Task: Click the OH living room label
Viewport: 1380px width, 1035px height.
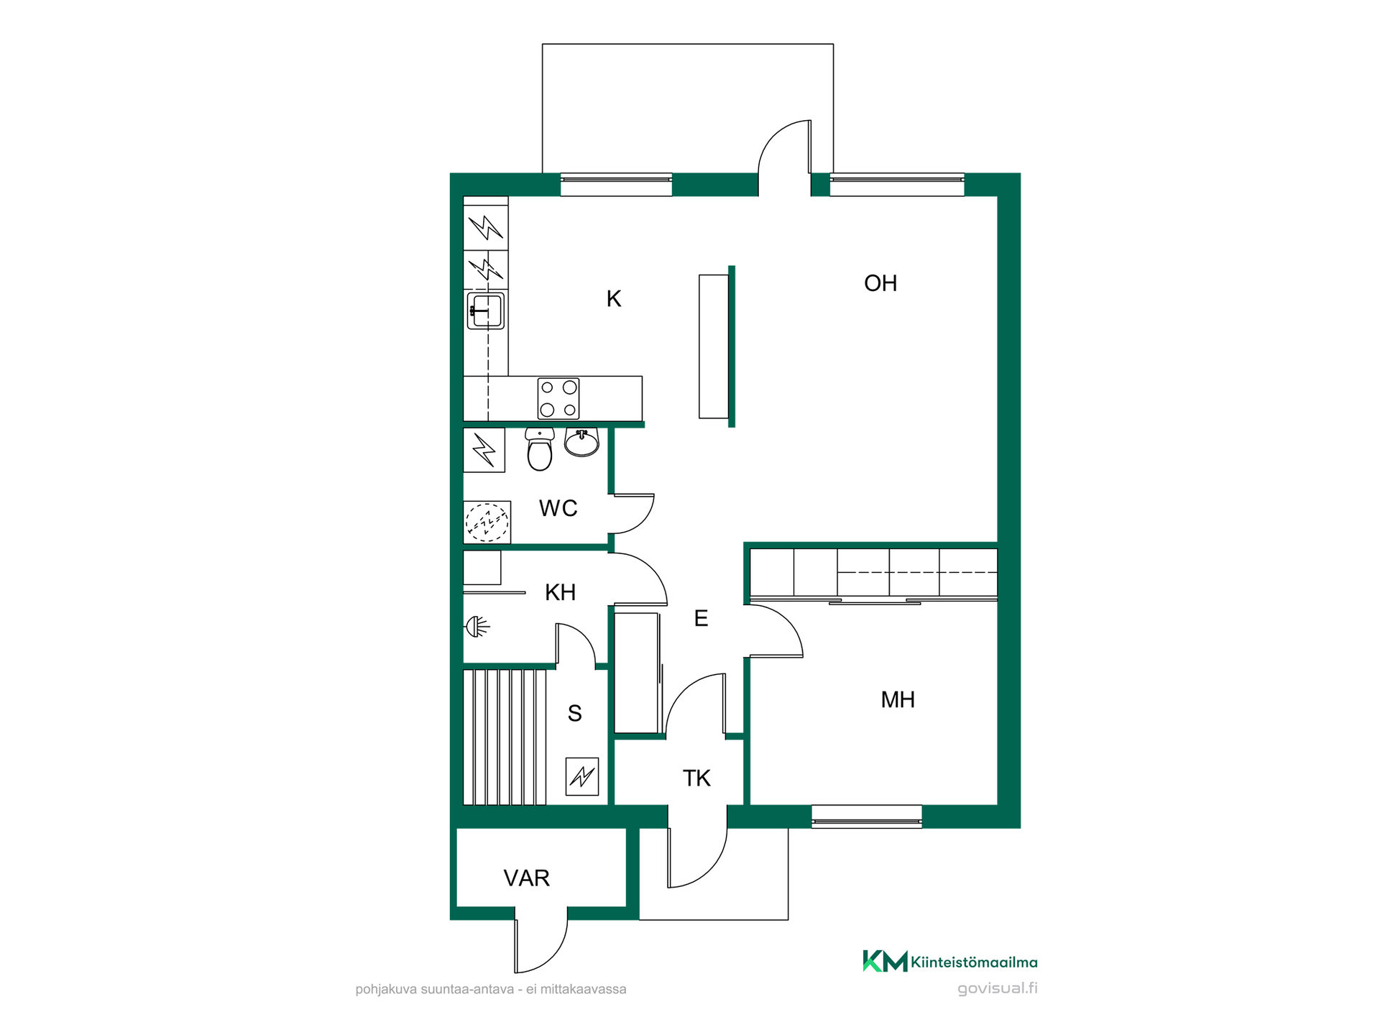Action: (880, 283)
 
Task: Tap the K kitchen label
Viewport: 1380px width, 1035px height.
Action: (613, 299)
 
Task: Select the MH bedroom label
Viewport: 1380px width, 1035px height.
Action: (898, 699)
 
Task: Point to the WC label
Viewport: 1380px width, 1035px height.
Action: (558, 508)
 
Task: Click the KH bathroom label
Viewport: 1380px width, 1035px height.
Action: (561, 592)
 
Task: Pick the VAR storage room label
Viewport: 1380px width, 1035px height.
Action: (527, 878)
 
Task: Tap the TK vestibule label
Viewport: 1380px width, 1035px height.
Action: (696, 778)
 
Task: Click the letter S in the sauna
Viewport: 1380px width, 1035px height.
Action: (575, 713)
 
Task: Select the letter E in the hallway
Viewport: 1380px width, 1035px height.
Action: (701, 618)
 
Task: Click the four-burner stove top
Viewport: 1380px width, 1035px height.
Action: (558, 398)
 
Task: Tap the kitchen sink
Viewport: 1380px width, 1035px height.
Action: (486, 311)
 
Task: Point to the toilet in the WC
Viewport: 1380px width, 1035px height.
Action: (540, 449)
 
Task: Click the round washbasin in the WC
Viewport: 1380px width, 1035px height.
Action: (581, 442)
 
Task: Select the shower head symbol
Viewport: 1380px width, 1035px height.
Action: (478, 627)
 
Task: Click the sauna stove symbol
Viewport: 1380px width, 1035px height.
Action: (582, 776)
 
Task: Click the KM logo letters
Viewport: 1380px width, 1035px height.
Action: (885, 961)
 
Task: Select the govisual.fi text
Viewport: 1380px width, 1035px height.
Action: (998, 988)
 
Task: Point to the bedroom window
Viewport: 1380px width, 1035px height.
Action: (867, 816)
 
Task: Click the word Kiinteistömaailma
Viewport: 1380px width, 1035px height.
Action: (974, 962)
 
